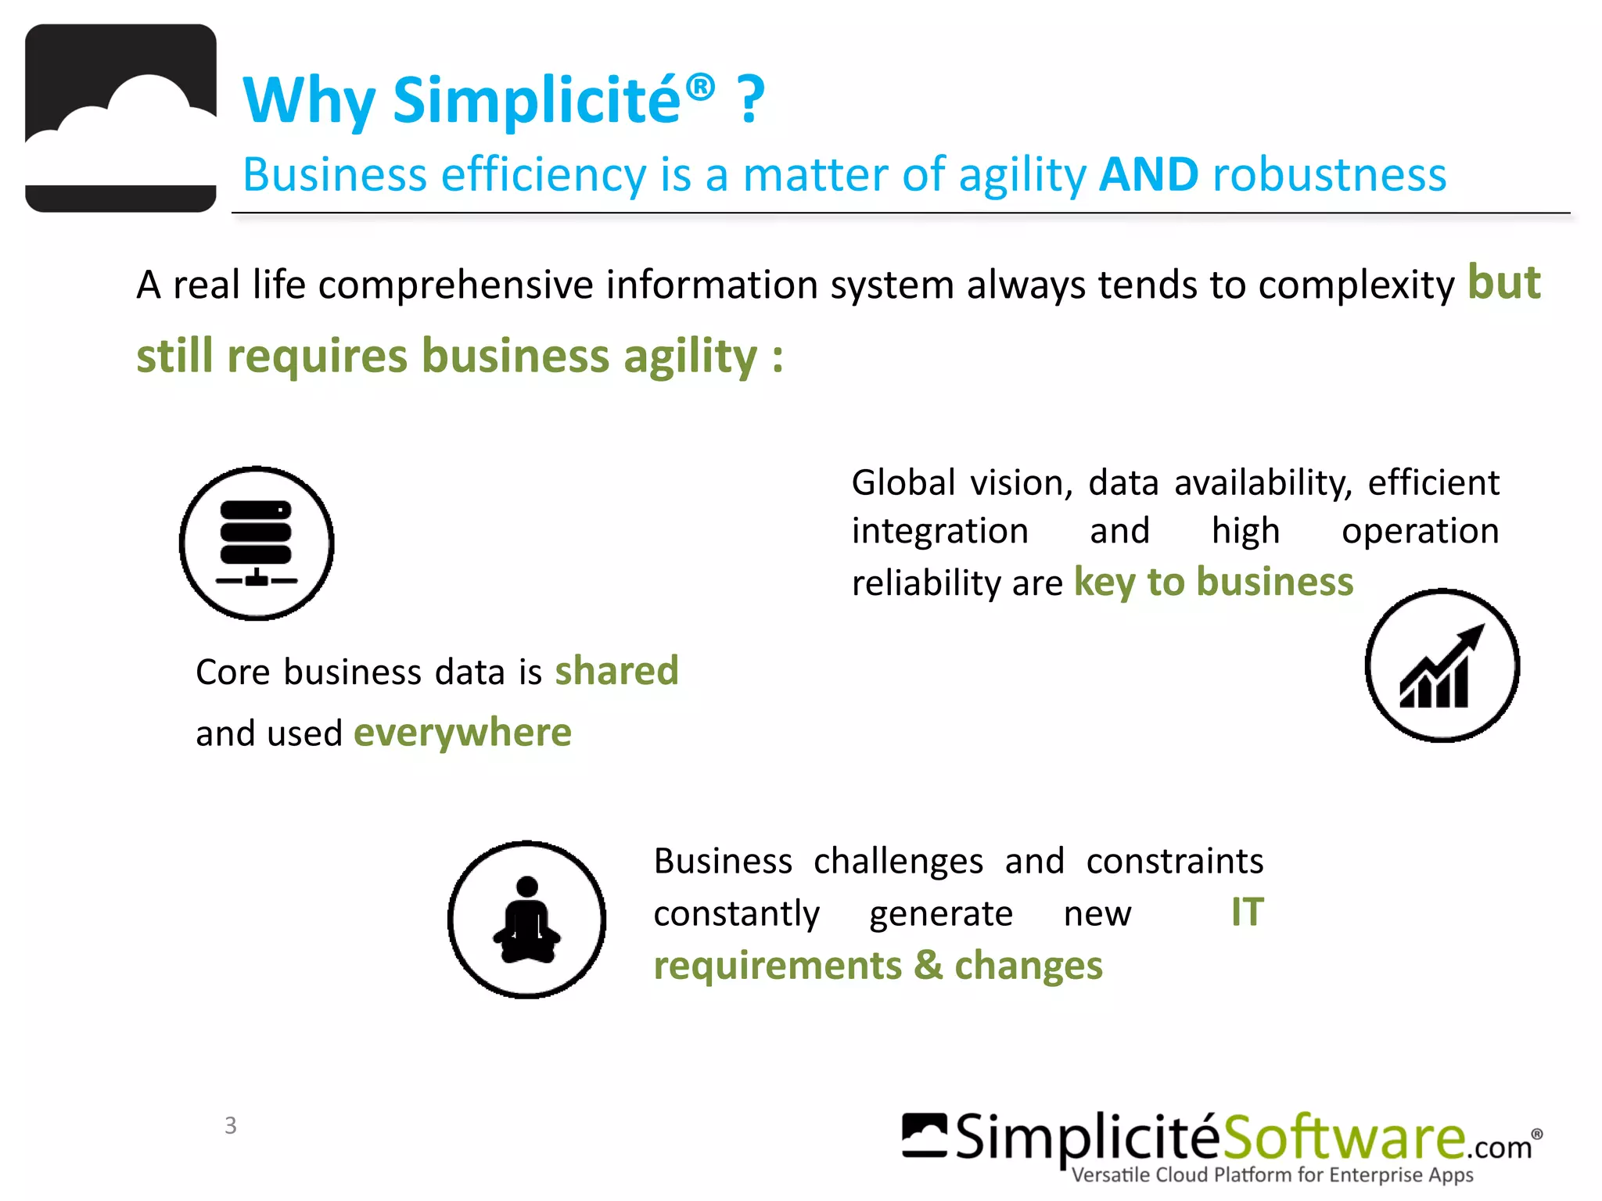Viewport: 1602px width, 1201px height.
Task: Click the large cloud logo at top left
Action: pyautogui.click(x=120, y=118)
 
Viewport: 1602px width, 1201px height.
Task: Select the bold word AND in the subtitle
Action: pyautogui.click(x=1148, y=174)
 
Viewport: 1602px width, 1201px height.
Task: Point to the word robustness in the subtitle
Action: pyautogui.click(x=1329, y=174)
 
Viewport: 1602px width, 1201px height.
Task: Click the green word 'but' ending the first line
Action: pyautogui.click(x=1503, y=282)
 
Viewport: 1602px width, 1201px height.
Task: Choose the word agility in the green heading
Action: pyautogui.click(x=690, y=357)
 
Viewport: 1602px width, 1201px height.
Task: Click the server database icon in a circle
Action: pyautogui.click(x=257, y=543)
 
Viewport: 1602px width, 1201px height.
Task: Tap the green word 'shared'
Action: pyautogui.click(x=616, y=671)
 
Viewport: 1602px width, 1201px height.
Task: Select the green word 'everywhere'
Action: pyautogui.click(x=462, y=733)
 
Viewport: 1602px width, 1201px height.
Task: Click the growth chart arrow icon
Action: pyautogui.click(x=1442, y=665)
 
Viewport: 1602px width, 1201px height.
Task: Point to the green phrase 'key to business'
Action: pyautogui.click(x=1213, y=583)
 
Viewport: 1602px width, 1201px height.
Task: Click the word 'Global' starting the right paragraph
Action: pyautogui.click(x=903, y=482)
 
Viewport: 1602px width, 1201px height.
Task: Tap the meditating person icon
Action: pyautogui.click(x=526, y=920)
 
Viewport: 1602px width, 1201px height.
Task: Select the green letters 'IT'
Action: pyautogui.click(x=1247, y=912)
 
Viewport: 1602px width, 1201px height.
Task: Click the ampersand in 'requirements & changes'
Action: pyautogui.click(x=928, y=965)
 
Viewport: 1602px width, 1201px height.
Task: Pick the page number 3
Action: pyautogui.click(x=230, y=1125)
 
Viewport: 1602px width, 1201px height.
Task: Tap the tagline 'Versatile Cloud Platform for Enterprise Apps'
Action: pyautogui.click(x=1272, y=1175)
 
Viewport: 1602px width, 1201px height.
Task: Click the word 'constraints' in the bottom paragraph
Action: pyautogui.click(x=1174, y=861)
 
